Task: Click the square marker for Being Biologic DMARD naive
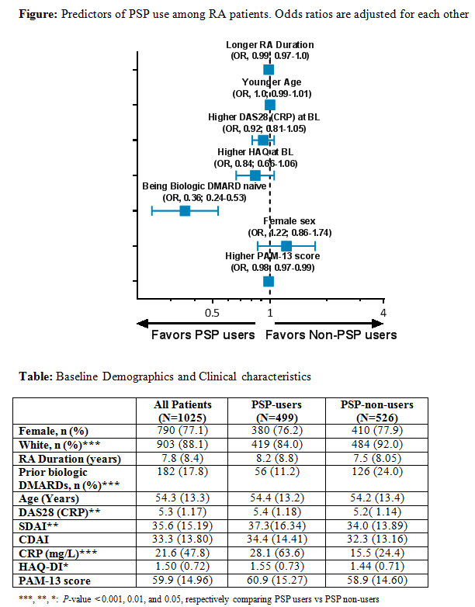tap(185, 210)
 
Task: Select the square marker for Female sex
tap(286, 246)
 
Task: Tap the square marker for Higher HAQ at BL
tap(255, 175)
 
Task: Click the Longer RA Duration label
tap(270, 45)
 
